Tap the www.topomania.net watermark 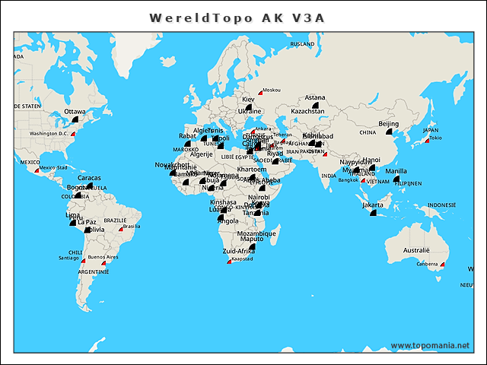(430, 345)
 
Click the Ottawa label (75, 112)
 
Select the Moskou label (271, 90)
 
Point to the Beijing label (388, 123)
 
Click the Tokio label (436, 138)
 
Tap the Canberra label (427, 265)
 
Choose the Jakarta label (373, 205)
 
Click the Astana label (315, 97)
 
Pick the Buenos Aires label (103, 257)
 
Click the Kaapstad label (243, 259)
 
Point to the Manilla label (396, 171)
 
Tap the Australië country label (416, 250)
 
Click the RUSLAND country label (302, 44)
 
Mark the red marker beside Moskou (260, 93)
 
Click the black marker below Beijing (389, 132)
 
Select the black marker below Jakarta (372, 213)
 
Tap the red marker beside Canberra (442, 265)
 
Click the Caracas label (89, 178)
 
